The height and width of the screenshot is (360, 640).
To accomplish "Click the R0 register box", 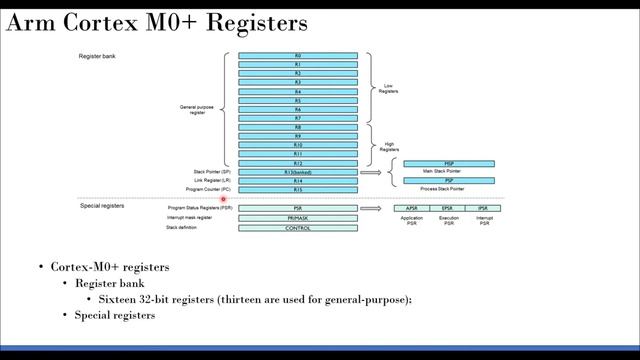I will pos(298,56).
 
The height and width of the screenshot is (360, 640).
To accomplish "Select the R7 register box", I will pos(298,118).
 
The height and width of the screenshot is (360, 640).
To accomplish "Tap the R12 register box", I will pos(298,163).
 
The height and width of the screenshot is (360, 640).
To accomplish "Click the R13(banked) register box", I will pos(298,172).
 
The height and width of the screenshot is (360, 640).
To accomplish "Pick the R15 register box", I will pos(298,189).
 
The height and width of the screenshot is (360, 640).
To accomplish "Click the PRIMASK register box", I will pos(298,217).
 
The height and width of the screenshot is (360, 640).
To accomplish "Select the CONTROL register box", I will pos(298,228).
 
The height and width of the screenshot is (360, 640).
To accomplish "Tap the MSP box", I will pos(449,163).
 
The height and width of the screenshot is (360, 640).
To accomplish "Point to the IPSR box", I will pos(484,208).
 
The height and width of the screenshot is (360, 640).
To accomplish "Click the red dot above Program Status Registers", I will pos(224,199).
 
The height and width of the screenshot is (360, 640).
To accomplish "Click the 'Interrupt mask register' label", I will pos(189,217).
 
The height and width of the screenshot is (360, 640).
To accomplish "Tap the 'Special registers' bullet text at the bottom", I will pos(115,316).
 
